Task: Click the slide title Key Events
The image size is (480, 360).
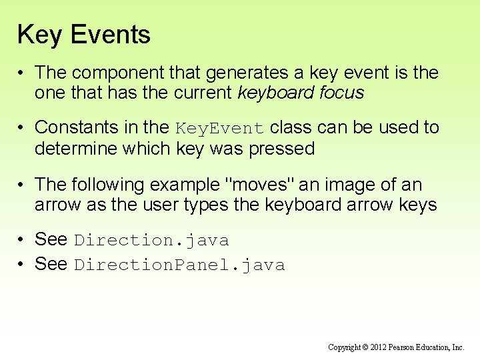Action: pyautogui.click(x=84, y=35)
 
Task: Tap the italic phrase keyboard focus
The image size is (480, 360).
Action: pyautogui.click(x=301, y=93)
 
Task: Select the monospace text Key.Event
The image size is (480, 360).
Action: pyautogui.click(x=220, y=128)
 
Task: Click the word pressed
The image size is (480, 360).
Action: pyautogui.click(x=281, y=148)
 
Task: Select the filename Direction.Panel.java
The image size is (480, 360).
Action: pyautogui.click(x=179, y=265)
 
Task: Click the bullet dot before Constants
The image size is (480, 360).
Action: pyautogui.click(x=22, y=127)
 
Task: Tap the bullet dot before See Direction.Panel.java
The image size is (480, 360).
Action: pyautogui.click(x=22, y=265)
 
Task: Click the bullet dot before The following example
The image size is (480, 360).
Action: pyautogui.click(x=22, y=184)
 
